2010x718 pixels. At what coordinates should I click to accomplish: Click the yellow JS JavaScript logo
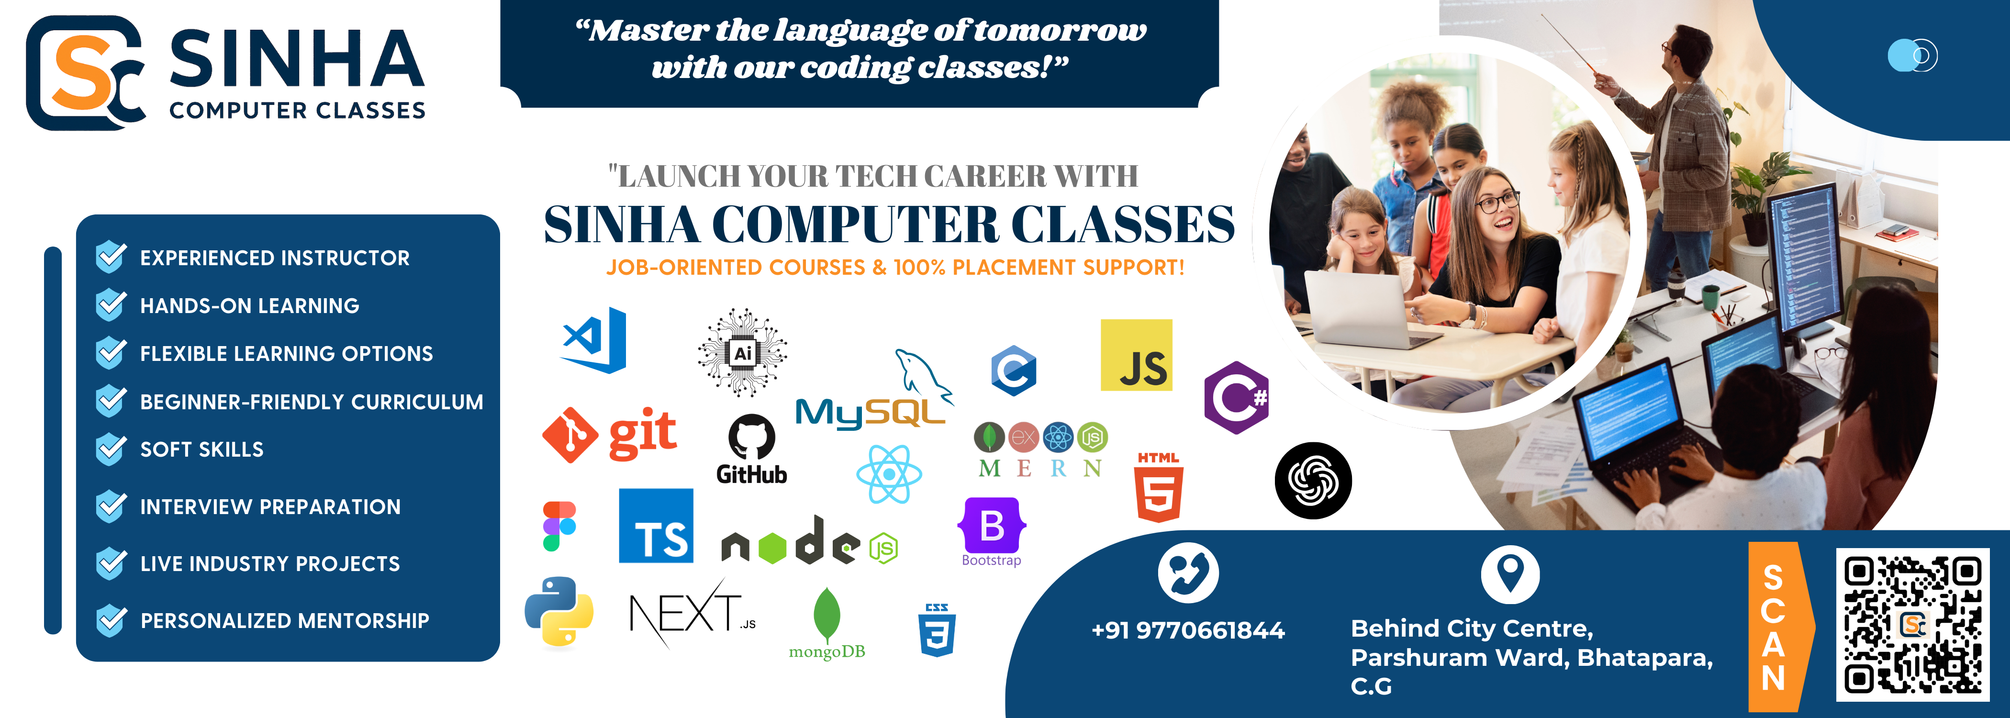pyautogui.click(x=1136, y=355)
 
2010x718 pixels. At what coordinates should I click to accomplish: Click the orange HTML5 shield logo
pyautogui.click(x=1159, y=487)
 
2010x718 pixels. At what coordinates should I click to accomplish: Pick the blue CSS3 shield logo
pyautogui.click(x=937, y=630)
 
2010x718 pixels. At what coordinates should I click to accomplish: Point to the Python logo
pyautogui.click(x=558, y=612)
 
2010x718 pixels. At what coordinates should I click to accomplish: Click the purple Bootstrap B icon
pyautogui.click(x=992, y=525)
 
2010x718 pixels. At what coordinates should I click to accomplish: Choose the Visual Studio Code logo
pyautogui.click(x=594, y=340)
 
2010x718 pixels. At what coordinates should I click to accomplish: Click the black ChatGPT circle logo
pyautogui.click(x=1313, y=481)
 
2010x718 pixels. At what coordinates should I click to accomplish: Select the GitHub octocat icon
pyautogui.click(x=751, y=437)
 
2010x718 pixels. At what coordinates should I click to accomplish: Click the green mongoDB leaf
pyautogui.click(x=826, y=615)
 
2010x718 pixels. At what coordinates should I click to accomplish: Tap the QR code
pyautogui.click(x=1912, y=624)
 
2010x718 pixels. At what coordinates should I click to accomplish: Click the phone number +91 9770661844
pyautogui.click(x=1188, y=630)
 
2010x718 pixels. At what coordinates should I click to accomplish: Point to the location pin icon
pyautogui.click(x=1510, y=574)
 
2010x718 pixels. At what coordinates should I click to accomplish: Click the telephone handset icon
pyautogui.click(x=1188, y=573)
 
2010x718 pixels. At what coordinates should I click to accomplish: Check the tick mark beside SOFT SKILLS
pyautogui.click(x=111, y=449)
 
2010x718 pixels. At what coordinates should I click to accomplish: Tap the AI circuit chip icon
pyautogui.click(x=742, y=353)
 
